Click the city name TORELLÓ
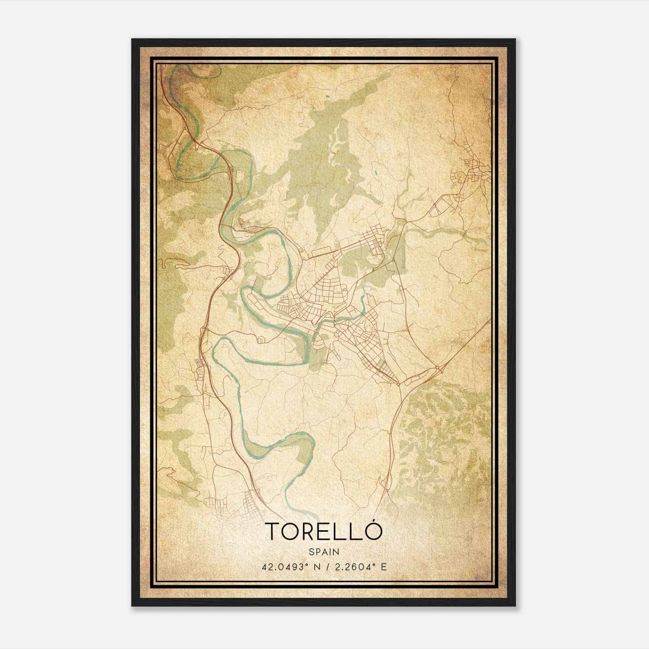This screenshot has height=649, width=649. tap(324, 532)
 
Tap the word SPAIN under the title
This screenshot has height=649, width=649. tap(324, 552)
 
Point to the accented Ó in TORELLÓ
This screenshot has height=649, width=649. tap(376, 531)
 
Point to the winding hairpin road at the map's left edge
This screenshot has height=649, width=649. tap(170, 264)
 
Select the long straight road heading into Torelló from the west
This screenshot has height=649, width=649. tap(333, 249)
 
